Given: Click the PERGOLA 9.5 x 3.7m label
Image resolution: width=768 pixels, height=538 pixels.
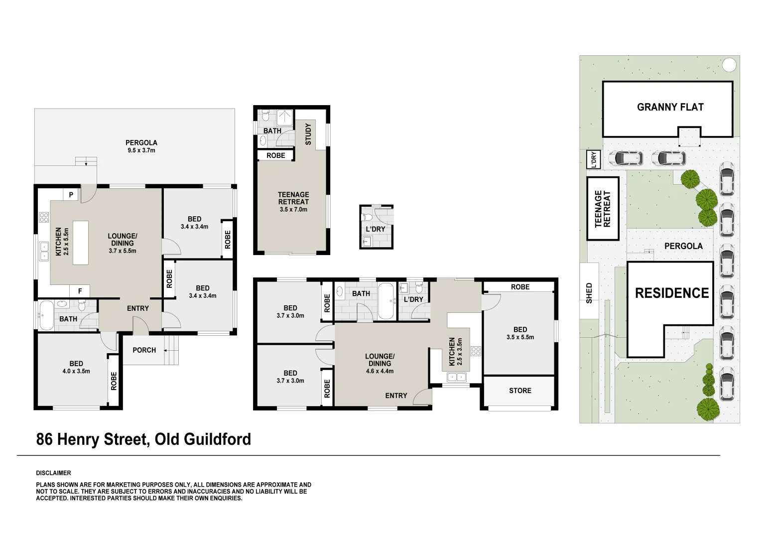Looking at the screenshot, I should [141, 146].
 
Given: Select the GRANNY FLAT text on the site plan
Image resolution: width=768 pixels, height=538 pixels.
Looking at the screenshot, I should [670, 107].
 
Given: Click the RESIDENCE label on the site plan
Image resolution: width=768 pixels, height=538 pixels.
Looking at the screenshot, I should [671, 293].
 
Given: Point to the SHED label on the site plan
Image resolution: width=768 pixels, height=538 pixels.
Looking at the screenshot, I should [589, 293].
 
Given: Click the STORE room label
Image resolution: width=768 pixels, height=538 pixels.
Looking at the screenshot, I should [520, 391].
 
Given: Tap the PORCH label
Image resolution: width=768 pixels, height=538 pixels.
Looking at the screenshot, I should [144, 350].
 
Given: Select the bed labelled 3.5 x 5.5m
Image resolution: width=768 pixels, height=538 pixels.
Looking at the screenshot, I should [520, 333].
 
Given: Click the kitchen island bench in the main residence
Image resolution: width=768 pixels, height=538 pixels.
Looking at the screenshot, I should [80, 243].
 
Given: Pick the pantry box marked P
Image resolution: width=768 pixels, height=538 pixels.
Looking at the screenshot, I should [71, 195].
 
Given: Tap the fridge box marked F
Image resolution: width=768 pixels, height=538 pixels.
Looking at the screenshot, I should [79, 290].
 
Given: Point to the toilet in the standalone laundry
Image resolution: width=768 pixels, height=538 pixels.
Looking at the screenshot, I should [368, 217].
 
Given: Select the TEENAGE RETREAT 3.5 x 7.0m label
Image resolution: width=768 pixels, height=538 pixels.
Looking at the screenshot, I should [293, 202].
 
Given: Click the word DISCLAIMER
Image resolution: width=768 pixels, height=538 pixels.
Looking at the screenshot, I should [53, 473].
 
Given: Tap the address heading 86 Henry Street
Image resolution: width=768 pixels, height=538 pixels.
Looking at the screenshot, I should [143, 439].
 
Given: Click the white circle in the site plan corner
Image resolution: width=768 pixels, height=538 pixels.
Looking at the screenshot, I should [729, 65].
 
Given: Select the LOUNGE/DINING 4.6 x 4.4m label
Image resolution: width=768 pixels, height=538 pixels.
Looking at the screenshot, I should [380, 363].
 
